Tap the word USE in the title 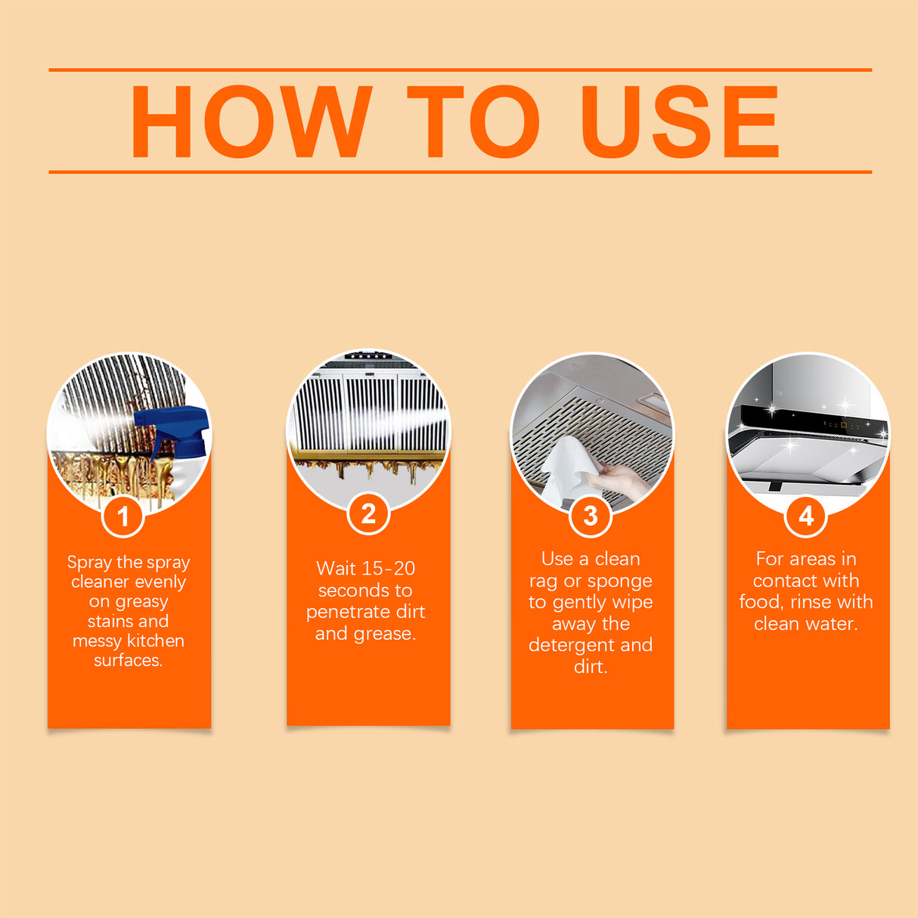[x=679, y=122]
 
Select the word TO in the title [x=473, y=122]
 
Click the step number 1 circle [x=123, y=517]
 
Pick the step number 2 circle [x=368, y=514]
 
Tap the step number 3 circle [x=590, y=516]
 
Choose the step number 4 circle [x=806, y=516]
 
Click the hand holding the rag [x=620, y=479]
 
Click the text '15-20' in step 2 [x=389, y=569]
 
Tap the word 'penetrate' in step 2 [x=344, y=612]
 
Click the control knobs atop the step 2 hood [x=368, y=356]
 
